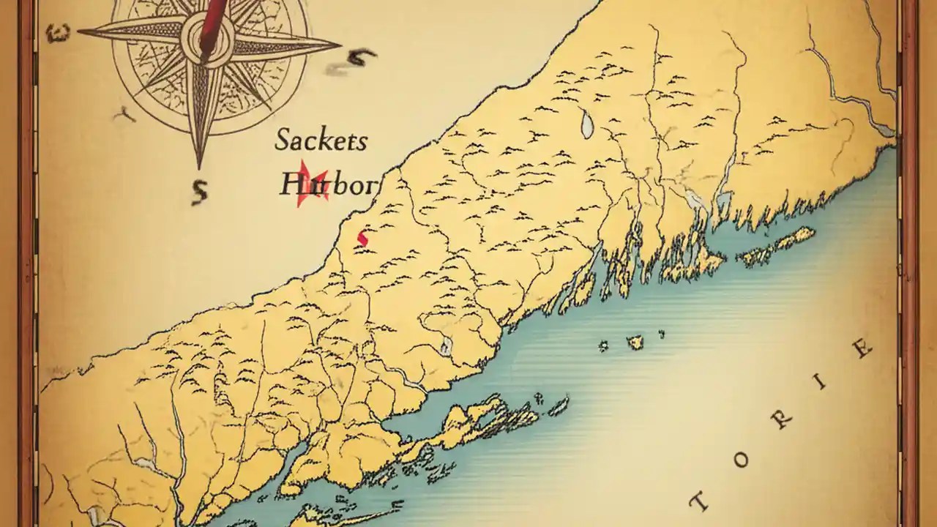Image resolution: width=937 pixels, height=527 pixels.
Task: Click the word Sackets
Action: tap(321, 140)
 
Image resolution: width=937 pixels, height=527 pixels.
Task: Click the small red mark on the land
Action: tap(362, 237)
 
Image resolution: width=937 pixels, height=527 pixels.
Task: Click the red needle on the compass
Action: tap(212, 22)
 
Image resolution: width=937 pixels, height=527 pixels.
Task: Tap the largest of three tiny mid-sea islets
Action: tap(635, 341)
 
